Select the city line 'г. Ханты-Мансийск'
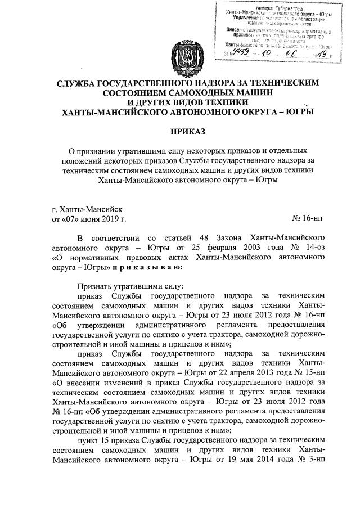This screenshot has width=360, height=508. [x=83, y=208]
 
